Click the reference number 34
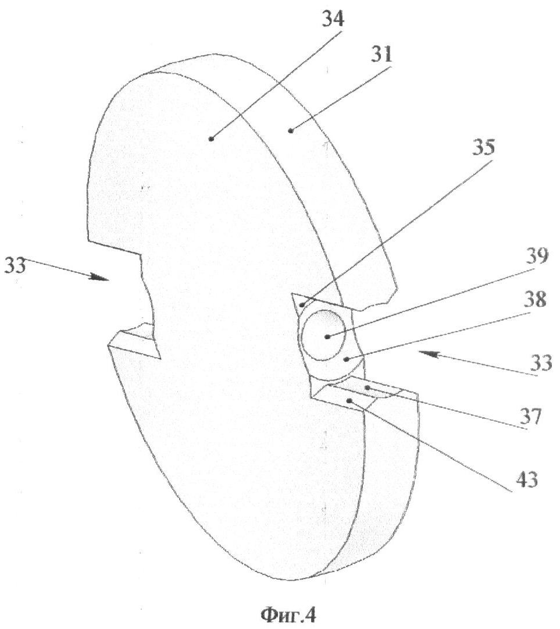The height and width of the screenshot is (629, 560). (x=333, y=17)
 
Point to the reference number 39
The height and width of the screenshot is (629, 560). (x=536, y=256)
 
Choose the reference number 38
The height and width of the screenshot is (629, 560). (x=534, y=299)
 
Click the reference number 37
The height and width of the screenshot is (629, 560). (x=531, y=416)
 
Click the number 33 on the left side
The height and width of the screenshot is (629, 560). (x=15, y=265)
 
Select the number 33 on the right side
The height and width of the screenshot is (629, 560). (x=541, y=363)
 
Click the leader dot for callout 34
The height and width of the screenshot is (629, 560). (x=211, y=138)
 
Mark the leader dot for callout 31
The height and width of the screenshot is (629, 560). (x=290, y=130)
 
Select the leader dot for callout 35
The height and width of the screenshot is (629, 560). (x=301, y=305)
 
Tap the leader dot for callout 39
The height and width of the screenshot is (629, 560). (x=327, y=337)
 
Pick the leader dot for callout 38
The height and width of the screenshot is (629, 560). (x=347, y=360)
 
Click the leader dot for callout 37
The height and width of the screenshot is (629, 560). (x=366, y=388)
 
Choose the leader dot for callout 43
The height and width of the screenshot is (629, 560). (x=349, y=400)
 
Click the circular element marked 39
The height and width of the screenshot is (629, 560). (x=323, y=335)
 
